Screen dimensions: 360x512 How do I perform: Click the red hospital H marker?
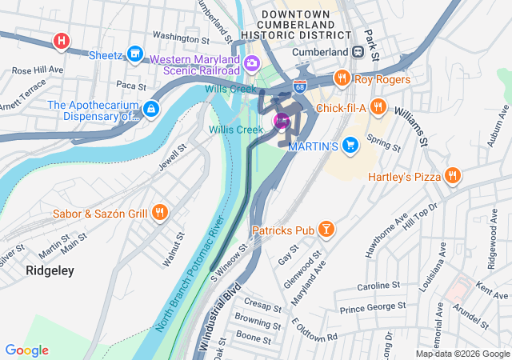61,40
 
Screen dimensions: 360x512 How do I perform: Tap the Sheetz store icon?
135,54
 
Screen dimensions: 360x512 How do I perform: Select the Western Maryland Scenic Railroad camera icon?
252,62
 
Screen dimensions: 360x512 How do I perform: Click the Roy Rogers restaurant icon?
342,78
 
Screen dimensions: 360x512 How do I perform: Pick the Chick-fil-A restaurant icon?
378,106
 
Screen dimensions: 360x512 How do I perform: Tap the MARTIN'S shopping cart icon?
350,145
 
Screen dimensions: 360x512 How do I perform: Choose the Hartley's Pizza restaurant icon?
452,175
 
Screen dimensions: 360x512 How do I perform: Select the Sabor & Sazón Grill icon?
160,212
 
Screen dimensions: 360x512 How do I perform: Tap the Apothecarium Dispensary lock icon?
150,107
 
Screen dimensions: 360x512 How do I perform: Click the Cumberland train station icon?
358,52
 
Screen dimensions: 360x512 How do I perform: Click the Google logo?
27,350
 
